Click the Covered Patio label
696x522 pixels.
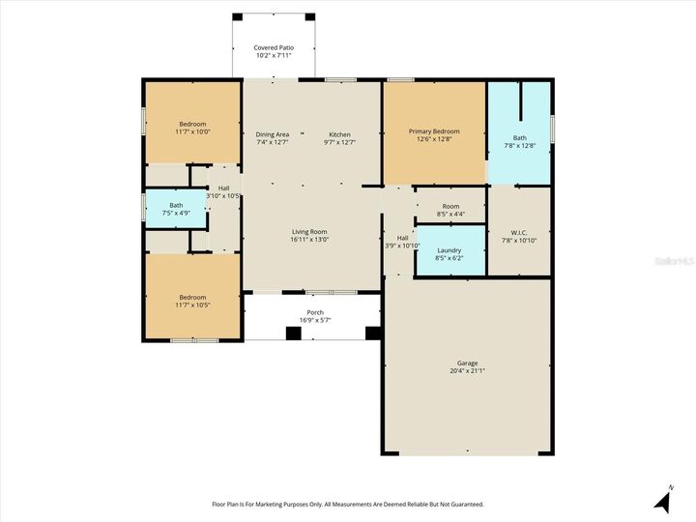274,47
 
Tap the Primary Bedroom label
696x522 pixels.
434,131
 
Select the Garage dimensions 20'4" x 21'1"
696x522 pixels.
467,370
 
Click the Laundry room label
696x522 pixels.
449,250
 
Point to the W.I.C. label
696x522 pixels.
519,232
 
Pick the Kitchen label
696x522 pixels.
339,134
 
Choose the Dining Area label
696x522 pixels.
273,134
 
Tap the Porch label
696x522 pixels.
315,312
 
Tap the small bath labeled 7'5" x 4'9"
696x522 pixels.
176,205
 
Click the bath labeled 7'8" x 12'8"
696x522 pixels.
520,138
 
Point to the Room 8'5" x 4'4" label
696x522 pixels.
450,206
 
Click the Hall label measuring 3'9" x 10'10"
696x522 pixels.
402,238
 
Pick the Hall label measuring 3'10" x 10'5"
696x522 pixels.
223,188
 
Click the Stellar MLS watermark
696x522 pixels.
675,261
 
